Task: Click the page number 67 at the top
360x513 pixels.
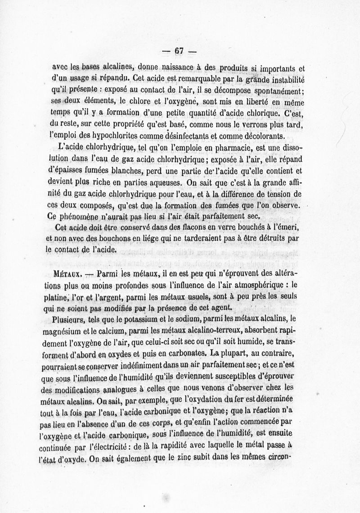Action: [x=179, y=51]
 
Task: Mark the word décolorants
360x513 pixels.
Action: [x=261, y=135]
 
